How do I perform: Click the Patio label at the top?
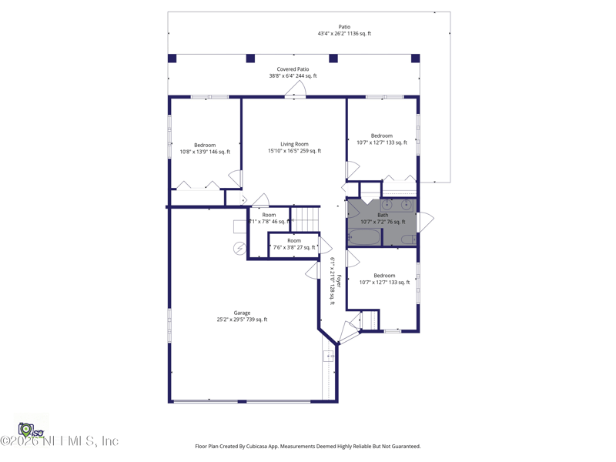coord(344,27)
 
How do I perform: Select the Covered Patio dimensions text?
coord(293,76)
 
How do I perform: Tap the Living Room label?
coord(294,144)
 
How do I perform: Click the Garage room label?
coord(242,313)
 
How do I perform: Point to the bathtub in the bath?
coord(363,237)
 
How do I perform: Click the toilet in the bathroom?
coord(408,239)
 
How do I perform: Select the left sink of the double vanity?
coord(387,205)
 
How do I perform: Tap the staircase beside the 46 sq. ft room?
coord(306,218)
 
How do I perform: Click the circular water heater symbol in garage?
coord(239,248)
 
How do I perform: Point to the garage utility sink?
coord(329,356)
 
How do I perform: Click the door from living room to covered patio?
coord(295,92)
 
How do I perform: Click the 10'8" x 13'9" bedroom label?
coord(205,145)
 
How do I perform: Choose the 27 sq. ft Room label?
coord(294,240)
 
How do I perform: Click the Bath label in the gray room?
coord(383,215)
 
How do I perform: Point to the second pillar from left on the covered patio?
coord(250,59)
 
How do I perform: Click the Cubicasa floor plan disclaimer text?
coord(308,446)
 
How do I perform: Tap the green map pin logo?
coord(26,428)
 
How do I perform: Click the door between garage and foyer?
coord(313,270)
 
